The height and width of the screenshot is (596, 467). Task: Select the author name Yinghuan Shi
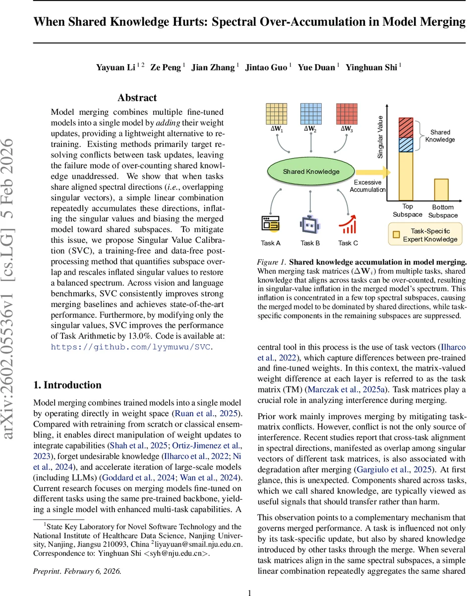371,67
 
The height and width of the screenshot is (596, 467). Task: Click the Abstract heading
137,98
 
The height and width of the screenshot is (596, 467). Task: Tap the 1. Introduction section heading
67,385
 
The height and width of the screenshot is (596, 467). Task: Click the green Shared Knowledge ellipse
311,171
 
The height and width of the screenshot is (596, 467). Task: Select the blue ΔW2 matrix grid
311,114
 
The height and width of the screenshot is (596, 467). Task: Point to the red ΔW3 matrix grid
346,114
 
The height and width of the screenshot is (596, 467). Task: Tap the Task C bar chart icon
348,225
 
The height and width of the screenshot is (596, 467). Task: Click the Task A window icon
271,225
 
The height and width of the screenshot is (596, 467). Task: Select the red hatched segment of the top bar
406,127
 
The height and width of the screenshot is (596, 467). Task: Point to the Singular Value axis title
380,137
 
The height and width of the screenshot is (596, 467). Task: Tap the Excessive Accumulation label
367,186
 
